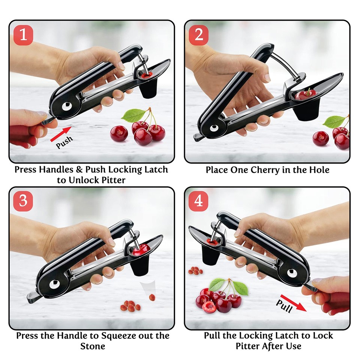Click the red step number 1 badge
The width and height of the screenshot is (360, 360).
click(23, 35)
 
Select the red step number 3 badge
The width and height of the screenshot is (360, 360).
click(23, 201)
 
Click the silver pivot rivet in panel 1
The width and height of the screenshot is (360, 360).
click(67, 107)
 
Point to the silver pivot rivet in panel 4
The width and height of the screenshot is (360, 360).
click(292, 273)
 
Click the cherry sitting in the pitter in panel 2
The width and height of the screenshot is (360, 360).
click(303, 95)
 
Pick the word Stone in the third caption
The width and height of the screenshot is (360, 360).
click(91, 346)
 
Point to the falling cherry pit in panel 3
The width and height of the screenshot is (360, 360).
click(152, 297)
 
